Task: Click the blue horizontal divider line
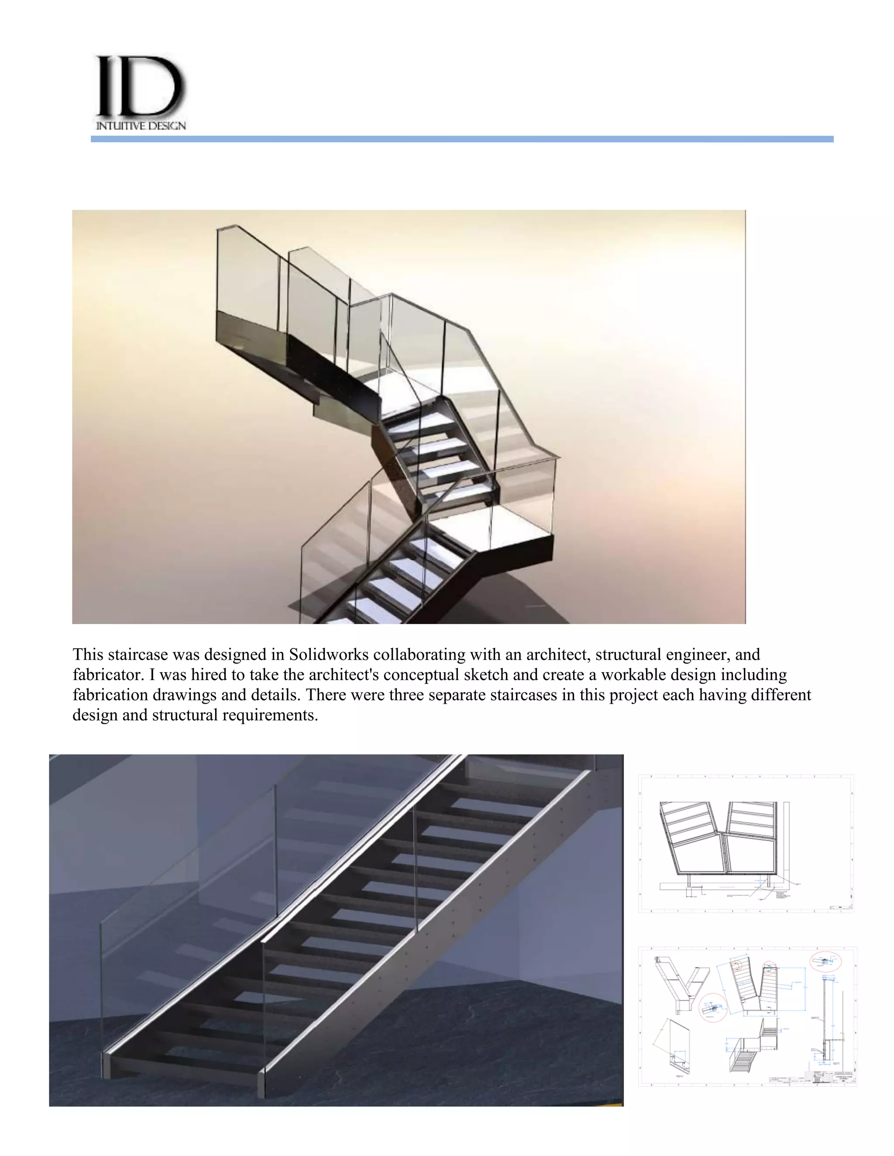click(462, 139)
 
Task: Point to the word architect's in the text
click(351, 675)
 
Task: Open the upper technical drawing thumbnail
click(746, 844)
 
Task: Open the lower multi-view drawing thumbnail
click(747, 1017)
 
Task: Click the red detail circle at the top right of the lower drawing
click(825, 961)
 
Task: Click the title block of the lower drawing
click(829, 1077)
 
